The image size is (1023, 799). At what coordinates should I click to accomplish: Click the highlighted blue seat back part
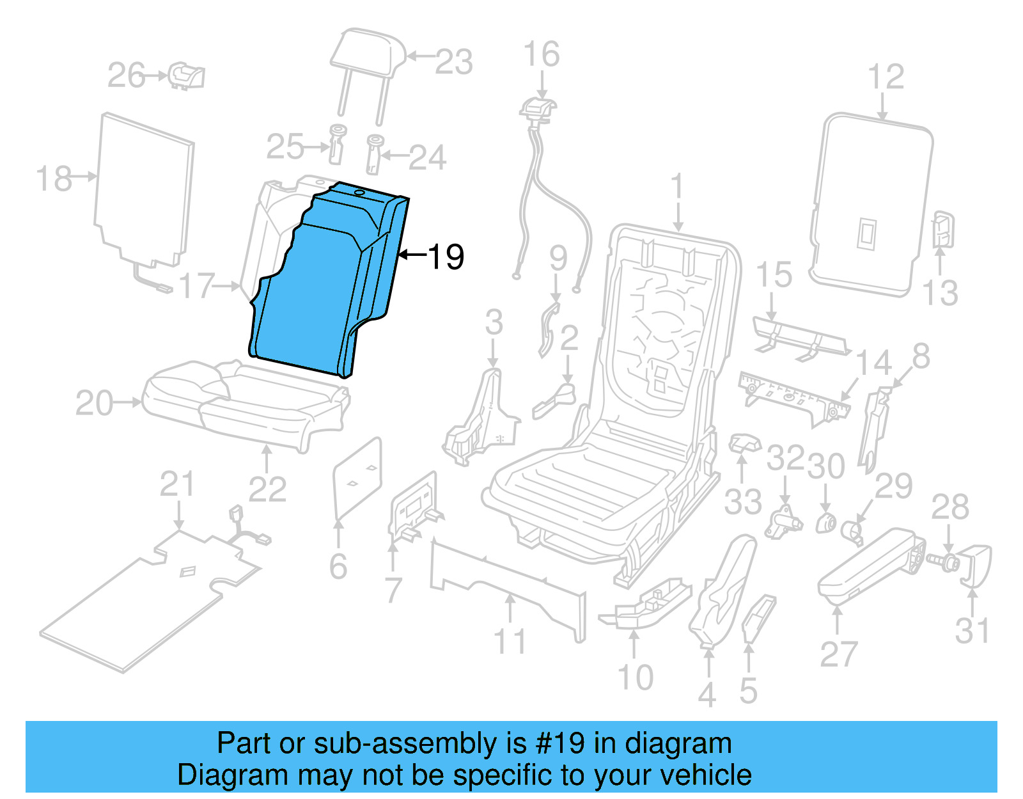(x=320, y=288)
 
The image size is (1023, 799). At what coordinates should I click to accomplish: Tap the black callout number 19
(x=446, y=257)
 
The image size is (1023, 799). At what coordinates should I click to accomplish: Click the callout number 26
(x=126, y=75)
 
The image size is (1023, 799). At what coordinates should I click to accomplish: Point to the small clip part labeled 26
(x=187, y=76)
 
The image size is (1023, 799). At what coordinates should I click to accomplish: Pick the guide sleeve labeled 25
(x=336, y=145)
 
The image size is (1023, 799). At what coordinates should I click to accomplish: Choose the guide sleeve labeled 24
(x=374, y=154)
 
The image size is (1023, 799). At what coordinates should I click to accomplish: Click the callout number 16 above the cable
(x=542, y=54)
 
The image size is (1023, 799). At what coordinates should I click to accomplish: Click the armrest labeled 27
(x=870, y=563)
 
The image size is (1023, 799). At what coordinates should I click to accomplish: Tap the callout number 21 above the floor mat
(x=176, y=484)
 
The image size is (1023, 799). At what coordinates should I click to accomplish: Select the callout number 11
(x=510, y=641)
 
